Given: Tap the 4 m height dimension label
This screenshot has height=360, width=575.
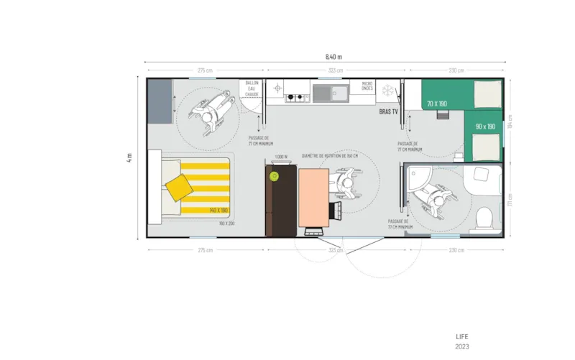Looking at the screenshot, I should tap(129, 158).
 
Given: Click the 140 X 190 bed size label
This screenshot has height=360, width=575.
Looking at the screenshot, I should tap(218, 210).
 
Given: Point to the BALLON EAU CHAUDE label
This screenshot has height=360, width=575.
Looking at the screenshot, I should tap(252, 88).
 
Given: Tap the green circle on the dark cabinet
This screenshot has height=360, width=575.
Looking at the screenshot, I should tap(273, 176).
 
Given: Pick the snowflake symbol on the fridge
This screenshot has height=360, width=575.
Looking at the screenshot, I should tap(388, 91).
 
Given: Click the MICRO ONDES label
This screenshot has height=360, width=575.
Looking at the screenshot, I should tap(367, 86).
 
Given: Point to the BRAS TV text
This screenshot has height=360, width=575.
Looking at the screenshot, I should tap(389, 112).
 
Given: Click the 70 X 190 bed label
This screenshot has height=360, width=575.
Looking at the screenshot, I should tap(436, 104).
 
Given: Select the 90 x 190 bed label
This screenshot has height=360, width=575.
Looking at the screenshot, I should tap(485, 126).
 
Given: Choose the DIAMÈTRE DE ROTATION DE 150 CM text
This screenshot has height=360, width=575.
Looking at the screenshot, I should tap(330, 156).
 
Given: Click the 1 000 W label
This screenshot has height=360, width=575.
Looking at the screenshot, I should tap(281, 156).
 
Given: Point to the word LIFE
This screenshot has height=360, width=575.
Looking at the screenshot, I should tap(462, 336).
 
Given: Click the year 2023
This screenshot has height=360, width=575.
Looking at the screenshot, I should tap(462, 346).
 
